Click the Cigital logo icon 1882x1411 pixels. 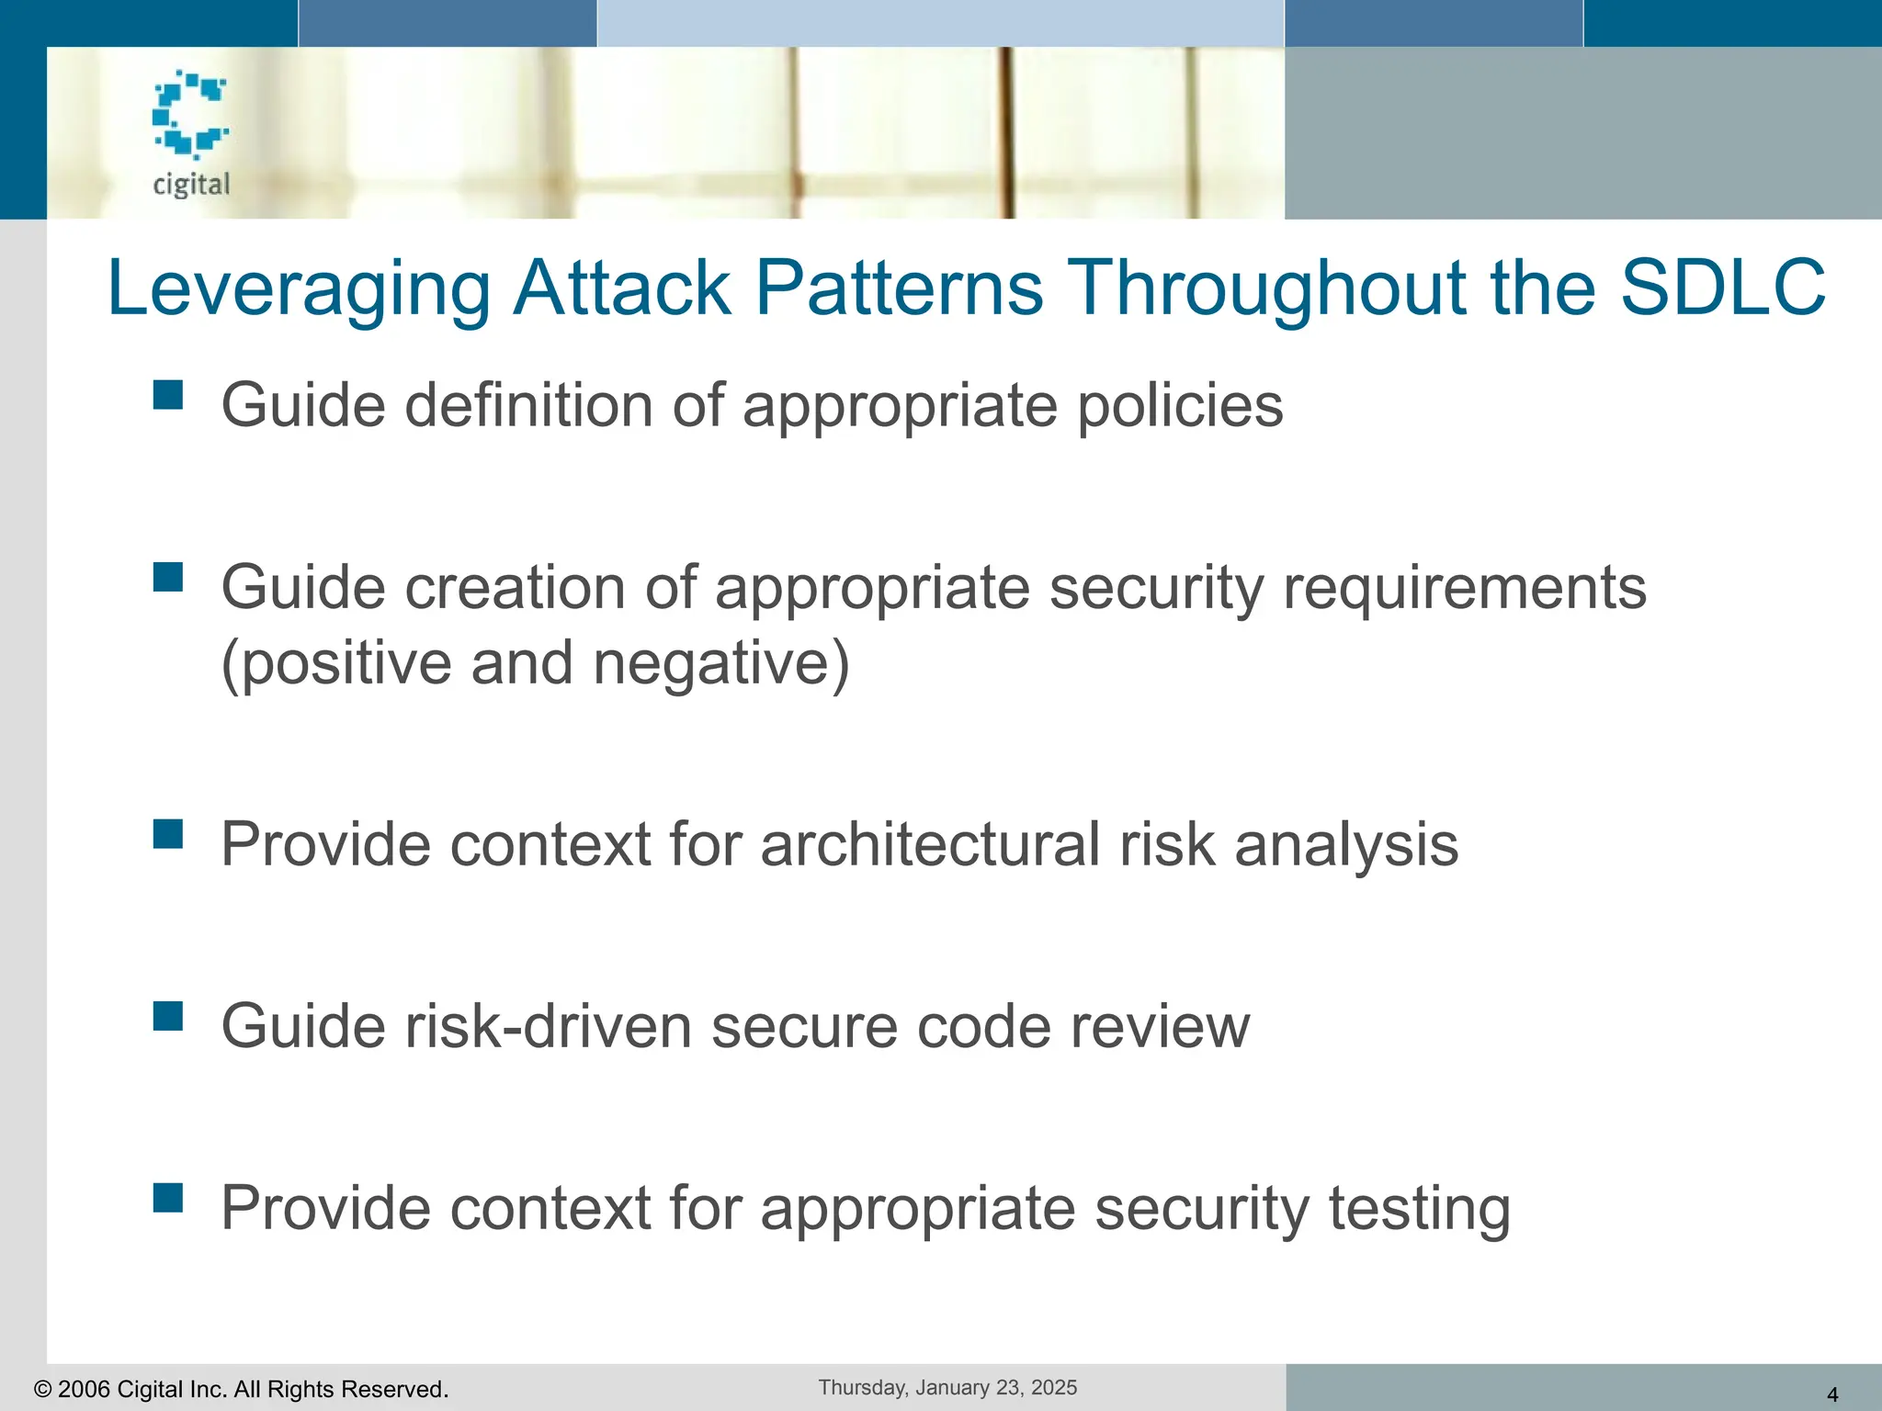point(190,113)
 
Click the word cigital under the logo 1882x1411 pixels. point(191,185)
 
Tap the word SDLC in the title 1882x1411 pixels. point(1722,288)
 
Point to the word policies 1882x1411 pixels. point(1180,406)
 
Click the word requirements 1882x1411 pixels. point(1465,588)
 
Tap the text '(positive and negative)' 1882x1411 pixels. point(536,663)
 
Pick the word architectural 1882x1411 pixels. point(930,844)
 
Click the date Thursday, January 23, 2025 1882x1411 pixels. point(947,1387)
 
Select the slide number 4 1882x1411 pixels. point(1831,1394)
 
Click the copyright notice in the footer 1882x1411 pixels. point(241,1389)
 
